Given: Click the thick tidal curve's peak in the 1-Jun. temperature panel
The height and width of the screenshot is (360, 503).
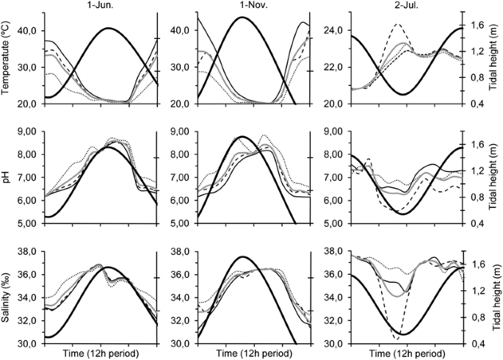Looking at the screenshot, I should coord(108,28).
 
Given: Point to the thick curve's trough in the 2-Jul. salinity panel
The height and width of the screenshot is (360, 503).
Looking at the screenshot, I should coord(402,334).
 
